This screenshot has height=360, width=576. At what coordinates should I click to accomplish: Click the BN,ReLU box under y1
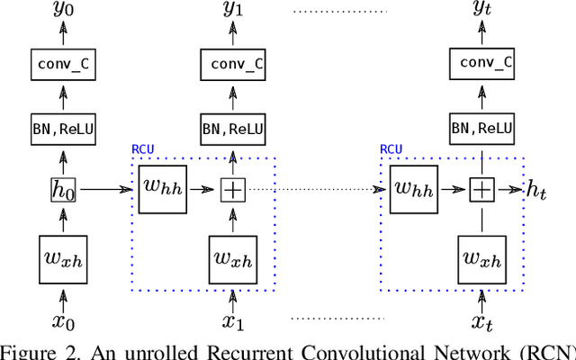233,128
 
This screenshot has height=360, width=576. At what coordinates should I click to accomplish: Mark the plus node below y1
233,190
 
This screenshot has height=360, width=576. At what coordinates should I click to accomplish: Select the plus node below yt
483,190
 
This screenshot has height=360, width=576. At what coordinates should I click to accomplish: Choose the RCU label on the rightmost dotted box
391,149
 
